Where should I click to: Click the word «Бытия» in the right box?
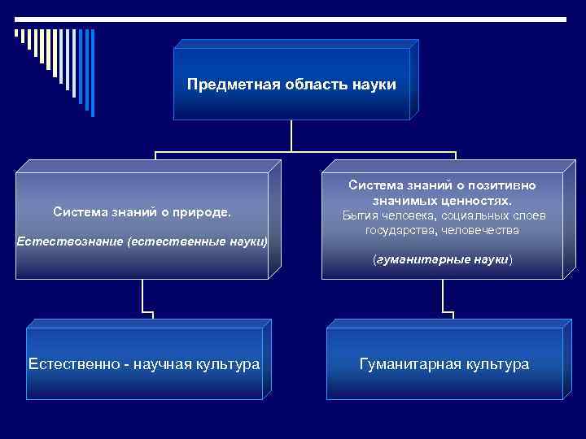coord(359,215)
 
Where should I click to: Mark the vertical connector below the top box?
coord(291,135)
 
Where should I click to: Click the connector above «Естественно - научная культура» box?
coord(143,297)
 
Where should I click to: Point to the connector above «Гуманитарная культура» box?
coord(444,297)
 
